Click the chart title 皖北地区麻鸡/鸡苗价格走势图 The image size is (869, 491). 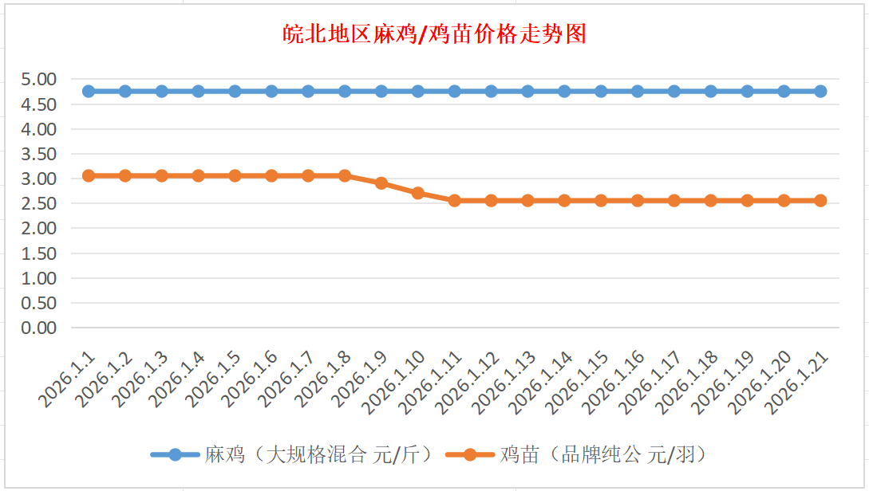(x=435, y=34)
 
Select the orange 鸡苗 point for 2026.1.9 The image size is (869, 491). (x=381, y=183)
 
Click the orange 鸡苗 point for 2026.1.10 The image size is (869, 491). (x=418, y=193)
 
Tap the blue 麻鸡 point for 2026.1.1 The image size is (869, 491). (x=89, y=91)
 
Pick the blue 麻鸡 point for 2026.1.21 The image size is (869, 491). (x=820, y=91)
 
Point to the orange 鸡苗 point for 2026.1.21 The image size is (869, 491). (x=820, y=200)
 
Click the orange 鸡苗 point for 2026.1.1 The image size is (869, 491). (x=89, y=175)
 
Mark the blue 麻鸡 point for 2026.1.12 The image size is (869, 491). (x=492, y=91)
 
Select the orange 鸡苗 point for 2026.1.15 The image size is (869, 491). (x=601, y=200)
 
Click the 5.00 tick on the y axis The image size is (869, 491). (x=39, y=79)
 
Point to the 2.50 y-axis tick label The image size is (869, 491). (x=39, y=203)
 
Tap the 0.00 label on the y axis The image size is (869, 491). (x=39, y=328)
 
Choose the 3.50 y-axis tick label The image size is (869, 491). (x=39, y=154)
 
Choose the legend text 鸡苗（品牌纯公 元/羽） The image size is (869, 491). (x=603, y=454)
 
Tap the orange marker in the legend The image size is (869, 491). (x=469, y=454)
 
